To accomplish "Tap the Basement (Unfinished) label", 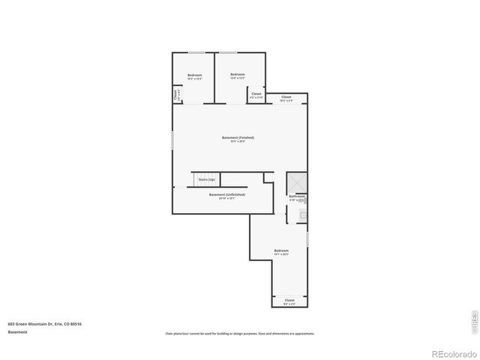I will [226, 194].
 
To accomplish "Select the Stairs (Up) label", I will [207, 180].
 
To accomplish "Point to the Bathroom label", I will [296, 196].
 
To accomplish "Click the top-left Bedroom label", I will [195, 75].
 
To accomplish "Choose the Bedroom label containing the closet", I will [238, 74].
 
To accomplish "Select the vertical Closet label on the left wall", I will [176, 95].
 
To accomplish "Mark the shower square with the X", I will [296, 182].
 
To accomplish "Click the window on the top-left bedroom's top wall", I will [196, 52].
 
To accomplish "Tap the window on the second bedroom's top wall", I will [228, 52].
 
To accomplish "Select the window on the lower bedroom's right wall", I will [307, 239].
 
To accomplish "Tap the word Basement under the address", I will [18, 331].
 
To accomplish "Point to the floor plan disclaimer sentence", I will [239, 334].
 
